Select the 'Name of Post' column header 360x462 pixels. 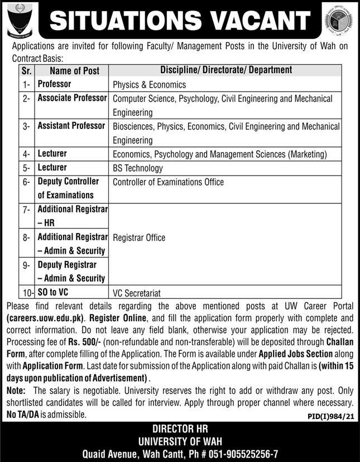(74, 70)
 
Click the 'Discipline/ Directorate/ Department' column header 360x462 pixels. (225, 70)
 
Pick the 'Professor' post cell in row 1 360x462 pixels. (54, 84)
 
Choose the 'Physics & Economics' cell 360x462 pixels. (149, 85)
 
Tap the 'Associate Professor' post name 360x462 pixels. (72, 98)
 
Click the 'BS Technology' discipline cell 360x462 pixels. (137, 168)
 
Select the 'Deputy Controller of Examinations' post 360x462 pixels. (68, 188)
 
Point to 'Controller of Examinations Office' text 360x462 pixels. (168, 182)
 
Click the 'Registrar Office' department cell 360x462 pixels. (139, 237)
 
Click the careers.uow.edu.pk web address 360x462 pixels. (45, 316)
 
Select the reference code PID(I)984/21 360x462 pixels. (331, 417)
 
